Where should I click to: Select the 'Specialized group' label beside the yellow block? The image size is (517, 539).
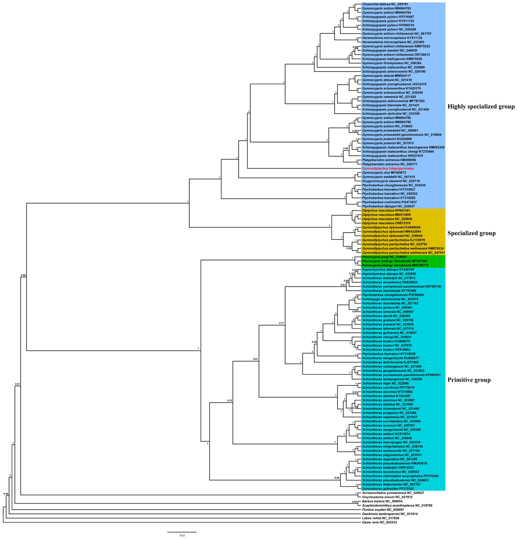(471, 233)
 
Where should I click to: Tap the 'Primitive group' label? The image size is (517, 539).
(469, 380)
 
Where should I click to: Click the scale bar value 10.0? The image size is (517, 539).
(182, 535)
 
